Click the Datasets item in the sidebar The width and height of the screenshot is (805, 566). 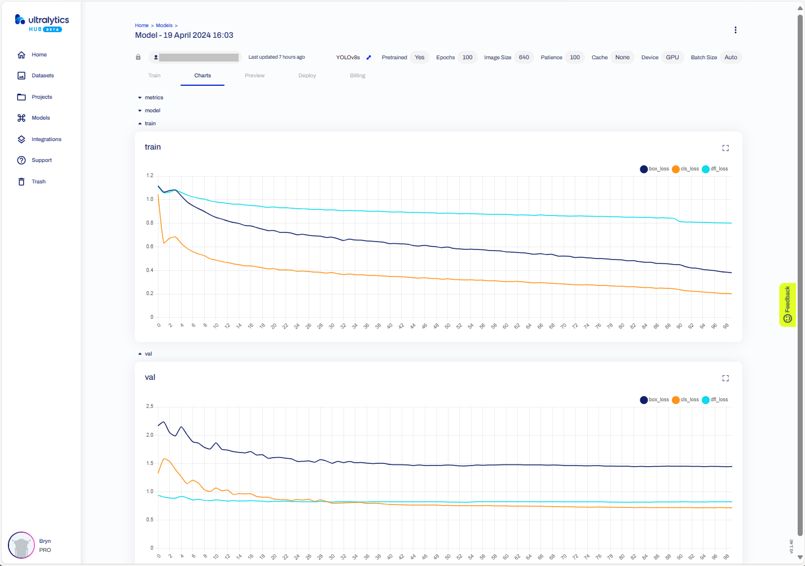coord(42,76)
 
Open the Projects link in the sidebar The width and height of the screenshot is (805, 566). coord(41,97)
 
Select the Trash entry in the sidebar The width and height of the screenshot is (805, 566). coord(38,182)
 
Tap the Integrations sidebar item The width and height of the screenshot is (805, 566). coord(46,139)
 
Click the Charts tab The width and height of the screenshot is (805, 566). coord(203,76)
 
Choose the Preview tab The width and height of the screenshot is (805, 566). coord(254,76)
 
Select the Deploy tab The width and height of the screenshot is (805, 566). coord(307,76)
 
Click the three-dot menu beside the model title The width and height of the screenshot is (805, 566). coord(735,30)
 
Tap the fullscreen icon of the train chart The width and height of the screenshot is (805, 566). coord(725,148)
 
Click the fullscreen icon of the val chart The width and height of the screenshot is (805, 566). coord(725,378)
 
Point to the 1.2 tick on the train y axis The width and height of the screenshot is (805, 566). coord(149,175)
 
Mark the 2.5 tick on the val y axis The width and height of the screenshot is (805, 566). coord(149,406)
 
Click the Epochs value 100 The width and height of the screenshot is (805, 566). coord(467,58)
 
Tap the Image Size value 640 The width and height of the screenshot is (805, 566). coord(524,58)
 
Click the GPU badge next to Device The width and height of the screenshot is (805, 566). coord(672,58)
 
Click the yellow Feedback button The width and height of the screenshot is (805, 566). coord(788,304)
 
